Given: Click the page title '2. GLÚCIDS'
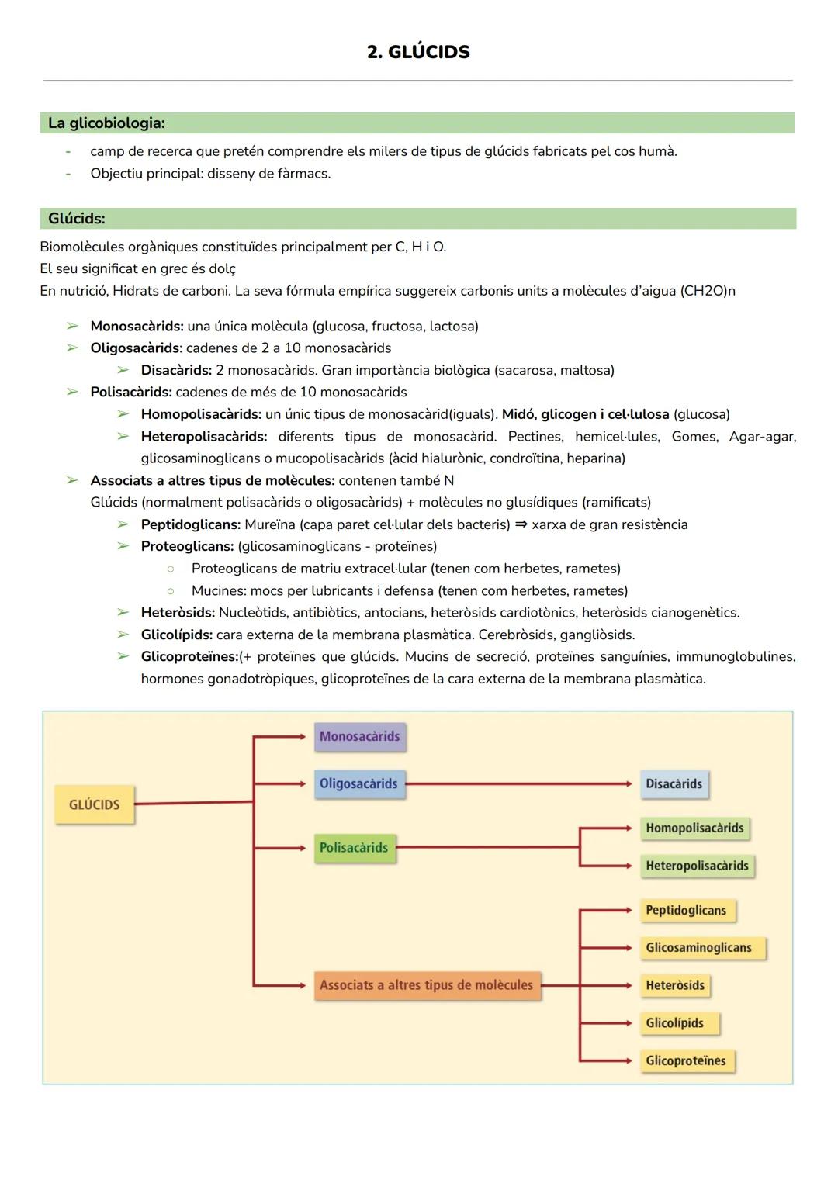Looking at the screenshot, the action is [x=418, y=52].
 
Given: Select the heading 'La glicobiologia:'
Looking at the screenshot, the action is [x=106, y=123].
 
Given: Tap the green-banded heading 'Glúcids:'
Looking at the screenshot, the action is [x=77, y=218].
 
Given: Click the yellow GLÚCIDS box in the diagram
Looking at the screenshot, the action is [x=94, y=804].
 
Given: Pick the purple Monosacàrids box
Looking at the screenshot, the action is [x=360, y=736].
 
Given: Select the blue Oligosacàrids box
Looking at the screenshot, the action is [x=358, y=783].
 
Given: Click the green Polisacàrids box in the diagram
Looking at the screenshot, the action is [x=354, y=847].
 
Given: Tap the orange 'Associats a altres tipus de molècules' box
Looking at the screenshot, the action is [x=427, y=984].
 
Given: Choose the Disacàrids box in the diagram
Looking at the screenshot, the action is [x=674, y=783].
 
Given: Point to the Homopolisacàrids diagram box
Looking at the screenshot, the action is [x=694, y=828].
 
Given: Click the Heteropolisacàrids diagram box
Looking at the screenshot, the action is [x=697, y=866].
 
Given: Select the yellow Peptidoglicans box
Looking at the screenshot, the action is [x=686, y=910].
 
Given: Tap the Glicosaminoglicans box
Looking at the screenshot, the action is [x=698, y=947].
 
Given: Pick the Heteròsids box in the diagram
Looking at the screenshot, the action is [x=675, y=985].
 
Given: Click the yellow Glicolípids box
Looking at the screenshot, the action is [x=674, y=1022].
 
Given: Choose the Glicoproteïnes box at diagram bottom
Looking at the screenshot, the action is [x=686, y=1060].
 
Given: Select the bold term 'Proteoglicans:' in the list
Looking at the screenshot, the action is [x=187, y=546].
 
